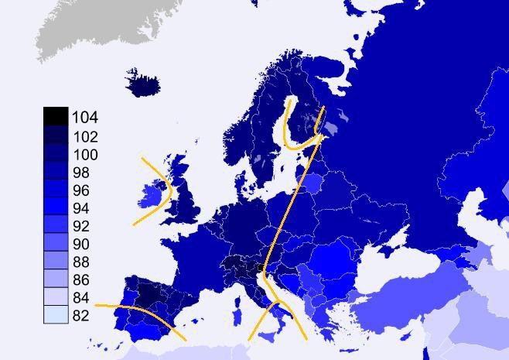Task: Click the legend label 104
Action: click(x=84, y=118)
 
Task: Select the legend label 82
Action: click(x=80, y=316)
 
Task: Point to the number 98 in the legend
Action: click(x=80, y=172)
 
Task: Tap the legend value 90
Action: click(x=80, y=244)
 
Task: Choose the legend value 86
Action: click(x=80, y=280)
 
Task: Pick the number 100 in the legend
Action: click(x=84, y=154)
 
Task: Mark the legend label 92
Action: click(x=80, y=226)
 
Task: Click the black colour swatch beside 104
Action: click(x=55, y=116)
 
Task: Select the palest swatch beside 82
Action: click(x=55, y=314)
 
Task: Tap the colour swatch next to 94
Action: click(x=55, y=207)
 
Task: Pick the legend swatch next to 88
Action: click(x=55, y=261)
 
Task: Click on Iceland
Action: click(x=143, y=84)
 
